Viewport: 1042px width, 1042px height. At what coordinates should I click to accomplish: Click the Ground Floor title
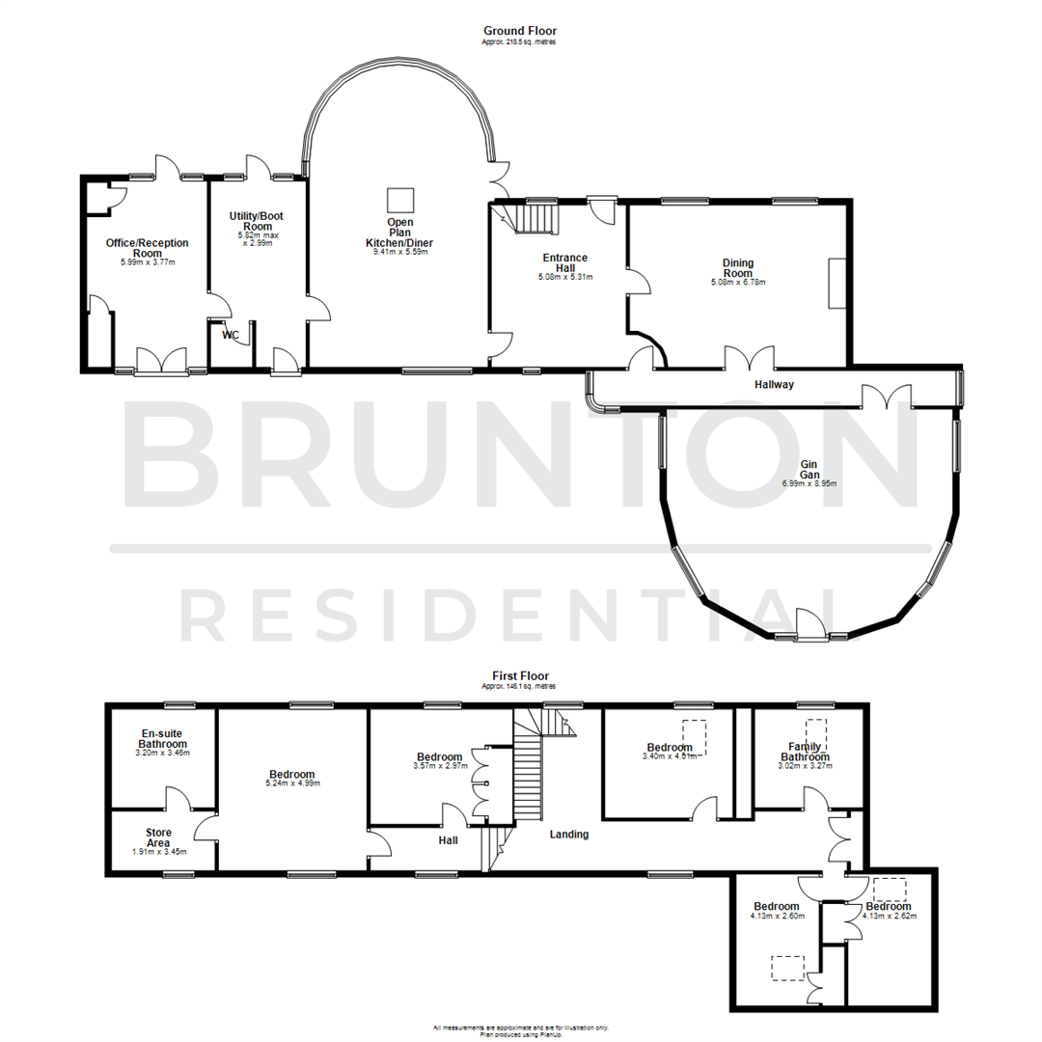(519, 31)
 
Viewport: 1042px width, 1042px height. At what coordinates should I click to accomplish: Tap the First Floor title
(519, 676)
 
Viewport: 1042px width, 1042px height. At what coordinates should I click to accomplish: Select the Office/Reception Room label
(147, 247)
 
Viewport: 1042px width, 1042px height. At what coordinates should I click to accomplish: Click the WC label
(231, 336)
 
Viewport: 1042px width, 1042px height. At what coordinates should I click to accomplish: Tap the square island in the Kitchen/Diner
(400, 200)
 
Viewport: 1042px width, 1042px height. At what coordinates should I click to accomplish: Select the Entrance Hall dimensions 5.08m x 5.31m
(564, 277)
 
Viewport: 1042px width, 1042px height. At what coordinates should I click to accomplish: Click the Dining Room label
(738, 267)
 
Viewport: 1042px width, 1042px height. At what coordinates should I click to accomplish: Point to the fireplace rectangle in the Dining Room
(836, 283)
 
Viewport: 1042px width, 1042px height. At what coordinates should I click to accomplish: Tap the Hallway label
(774, 384)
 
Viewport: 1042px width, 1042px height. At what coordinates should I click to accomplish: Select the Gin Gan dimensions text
(809, 483)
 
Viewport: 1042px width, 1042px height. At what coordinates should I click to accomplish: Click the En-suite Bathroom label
(162, 739)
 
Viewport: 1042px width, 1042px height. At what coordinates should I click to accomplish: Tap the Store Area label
(158, 836)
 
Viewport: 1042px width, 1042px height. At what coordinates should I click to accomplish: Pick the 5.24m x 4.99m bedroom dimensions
(291, 783)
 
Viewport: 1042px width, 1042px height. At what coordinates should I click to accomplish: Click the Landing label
(568, 834)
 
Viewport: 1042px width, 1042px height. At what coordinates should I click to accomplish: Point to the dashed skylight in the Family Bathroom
(816, 730)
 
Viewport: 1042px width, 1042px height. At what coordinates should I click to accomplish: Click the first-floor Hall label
(448, 840)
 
